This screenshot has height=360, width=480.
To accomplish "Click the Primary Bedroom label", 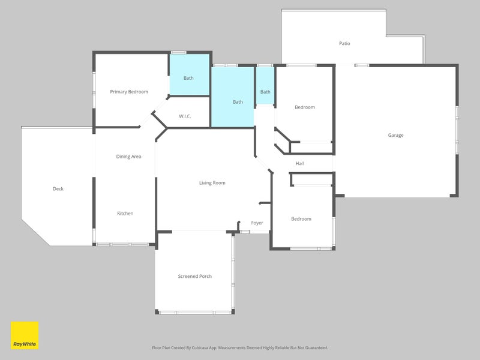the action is [x=129, y=92].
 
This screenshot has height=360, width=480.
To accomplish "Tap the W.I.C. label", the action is [x=185, y=116].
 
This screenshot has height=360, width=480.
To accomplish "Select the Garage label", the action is [x=395, y=136].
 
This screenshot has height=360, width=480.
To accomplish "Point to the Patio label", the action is [x=344, y=43].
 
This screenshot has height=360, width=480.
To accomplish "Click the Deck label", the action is [x=58, y=189].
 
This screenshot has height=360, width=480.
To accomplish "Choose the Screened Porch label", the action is [x=194, y=276].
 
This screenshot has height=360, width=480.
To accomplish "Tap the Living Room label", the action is [x=212, y=183].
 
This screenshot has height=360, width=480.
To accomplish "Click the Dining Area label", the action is [x=128, y=157].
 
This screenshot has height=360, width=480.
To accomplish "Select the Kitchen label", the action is [x=125, y=214].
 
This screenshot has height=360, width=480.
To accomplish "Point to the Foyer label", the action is [x=257, y=223].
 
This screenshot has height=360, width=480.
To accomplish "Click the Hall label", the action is [x=299, y=163].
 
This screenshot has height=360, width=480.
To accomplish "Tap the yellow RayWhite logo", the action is [x=25, y=335].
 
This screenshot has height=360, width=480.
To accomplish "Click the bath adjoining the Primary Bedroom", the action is [x=190, y=74].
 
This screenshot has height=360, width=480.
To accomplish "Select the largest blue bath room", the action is [x=233, y=97].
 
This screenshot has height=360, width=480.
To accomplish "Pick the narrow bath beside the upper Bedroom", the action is [x=265, y=85].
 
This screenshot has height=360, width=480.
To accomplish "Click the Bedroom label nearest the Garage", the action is [x=305, y=107].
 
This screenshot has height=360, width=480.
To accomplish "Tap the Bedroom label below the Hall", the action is [x=301, y=219].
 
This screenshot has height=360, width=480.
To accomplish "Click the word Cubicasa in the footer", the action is [x=200, y=348].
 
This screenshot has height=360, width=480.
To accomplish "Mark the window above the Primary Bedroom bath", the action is [x=178, y=53].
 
